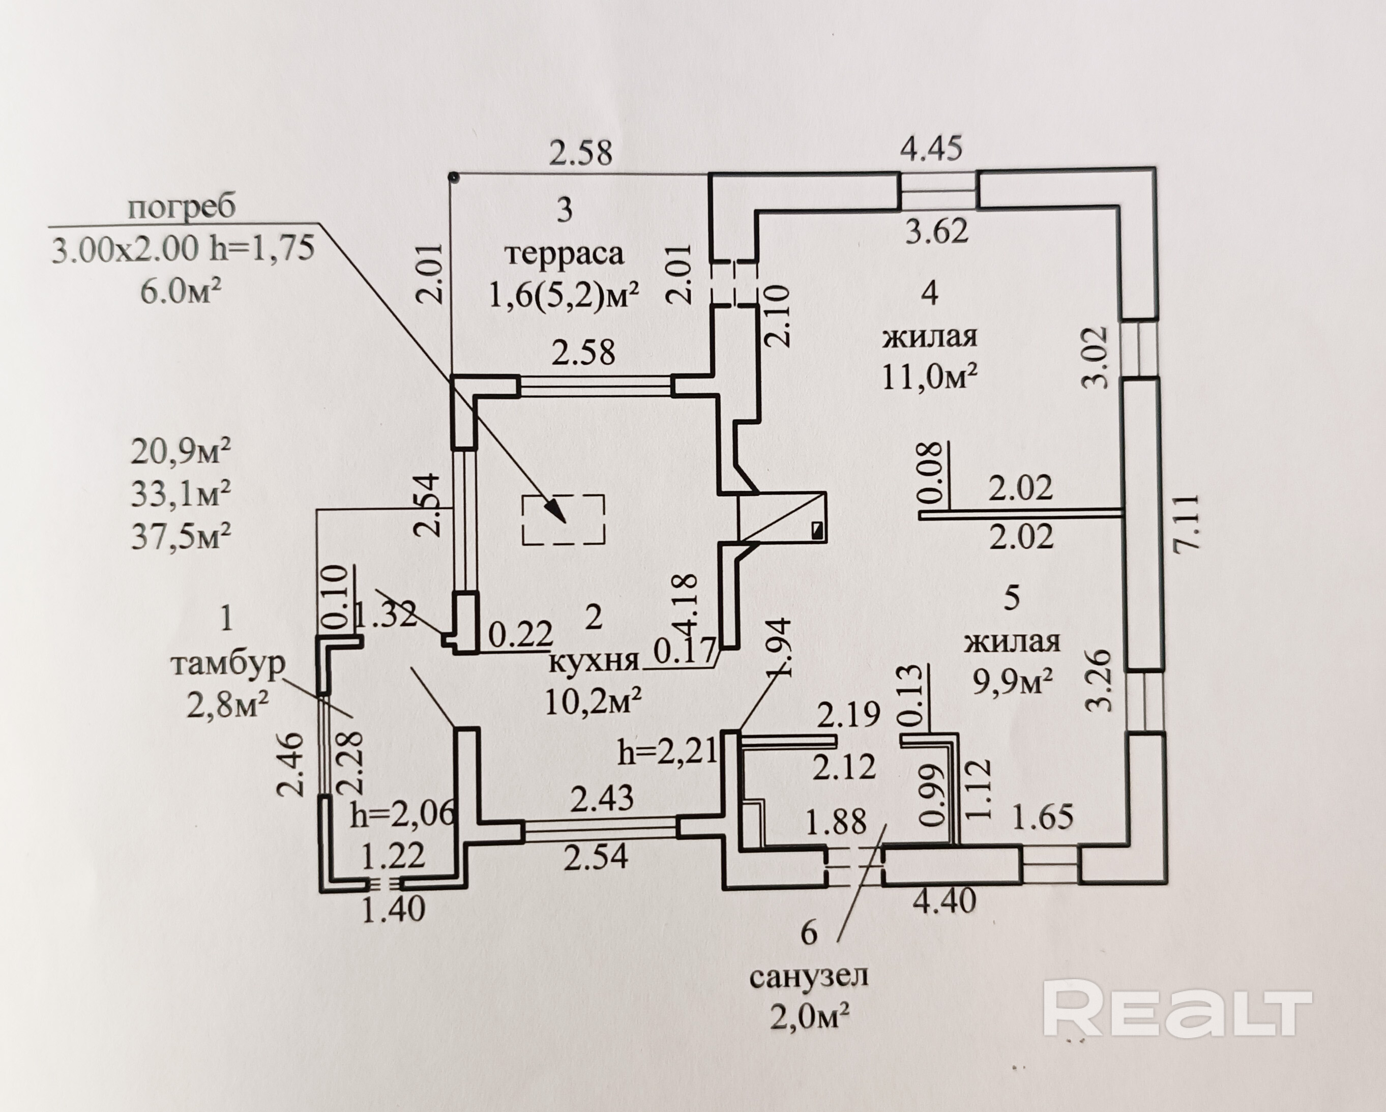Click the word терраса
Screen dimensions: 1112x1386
point(565,253)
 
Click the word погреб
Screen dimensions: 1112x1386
point(182,207)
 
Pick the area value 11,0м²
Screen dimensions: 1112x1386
point(930,377)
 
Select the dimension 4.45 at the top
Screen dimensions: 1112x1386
point(931,149)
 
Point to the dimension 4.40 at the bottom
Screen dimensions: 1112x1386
point(945,900)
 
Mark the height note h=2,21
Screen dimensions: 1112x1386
point(667,751)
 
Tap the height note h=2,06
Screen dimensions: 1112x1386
point(403,815)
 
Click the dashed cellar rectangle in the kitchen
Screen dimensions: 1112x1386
point(563,520)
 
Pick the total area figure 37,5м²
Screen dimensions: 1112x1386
point(181,536)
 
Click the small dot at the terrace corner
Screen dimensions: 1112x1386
point(453,175)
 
